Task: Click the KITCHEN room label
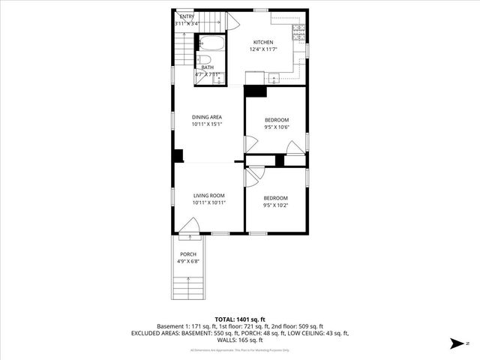coord(262,42)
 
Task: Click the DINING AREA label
coord(206,117)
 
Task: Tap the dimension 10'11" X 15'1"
coord(206,124)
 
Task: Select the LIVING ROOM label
coord(209,195)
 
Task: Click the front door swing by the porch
coord(189,226)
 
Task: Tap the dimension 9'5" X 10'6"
coord(276,127)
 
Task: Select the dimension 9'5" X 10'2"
coord(275,205)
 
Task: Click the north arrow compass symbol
coord(455,344)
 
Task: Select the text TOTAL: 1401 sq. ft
coord(240,319)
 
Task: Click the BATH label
coord(207,67)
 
